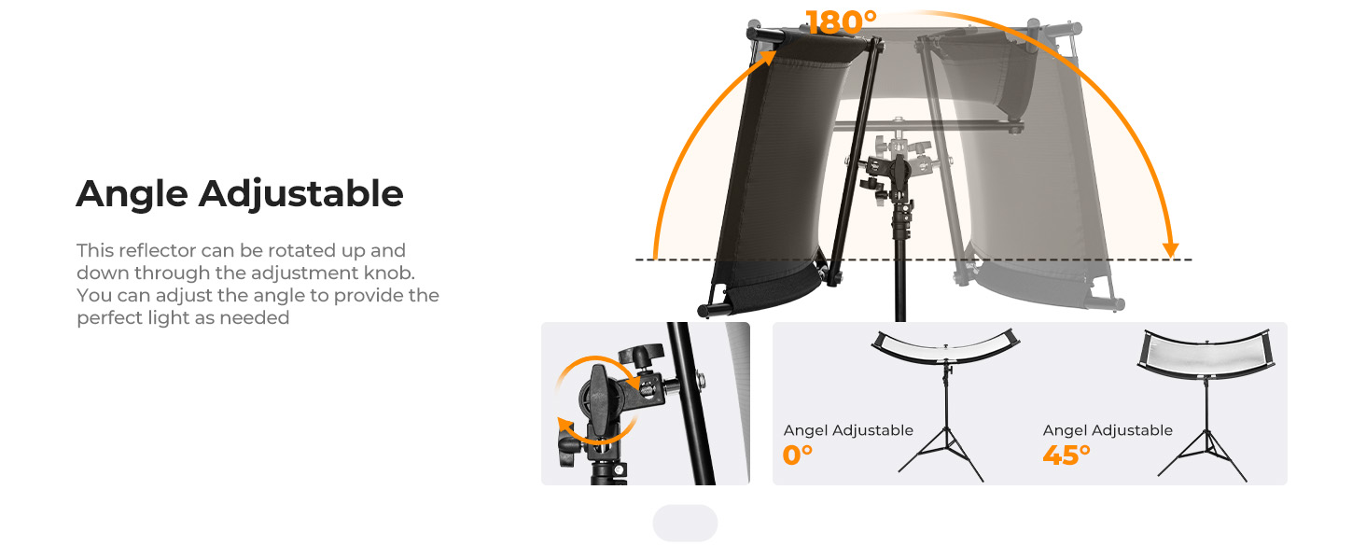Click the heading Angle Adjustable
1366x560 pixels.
click(x=240, y=195)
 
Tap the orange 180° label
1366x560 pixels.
click(x=841, y=22)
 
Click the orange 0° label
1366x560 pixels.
click(x=797, y=455)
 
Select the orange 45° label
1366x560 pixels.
click(x=1066, y=455)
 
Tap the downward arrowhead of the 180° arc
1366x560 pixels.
click(x=1170, y=249)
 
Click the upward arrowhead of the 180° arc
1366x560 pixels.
click(x=767, y=57)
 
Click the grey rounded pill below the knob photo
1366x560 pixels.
click(x=685, y=523)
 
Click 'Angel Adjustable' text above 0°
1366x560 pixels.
click(x=848, y=430)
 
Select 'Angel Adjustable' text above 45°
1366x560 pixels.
click(x=1108, y=430)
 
